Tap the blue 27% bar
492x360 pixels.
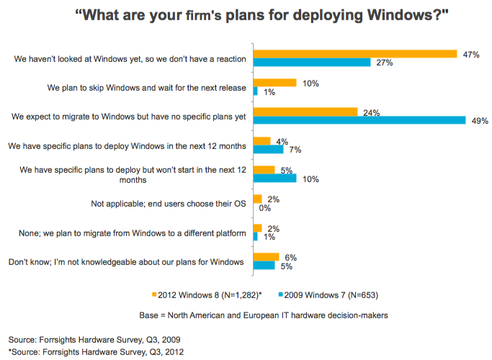point(310,63)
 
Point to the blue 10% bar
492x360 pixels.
point(274,178)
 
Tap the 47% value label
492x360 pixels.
point(472,54)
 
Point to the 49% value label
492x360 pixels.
point(480,120)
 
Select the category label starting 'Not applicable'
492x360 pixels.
point(169,204)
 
